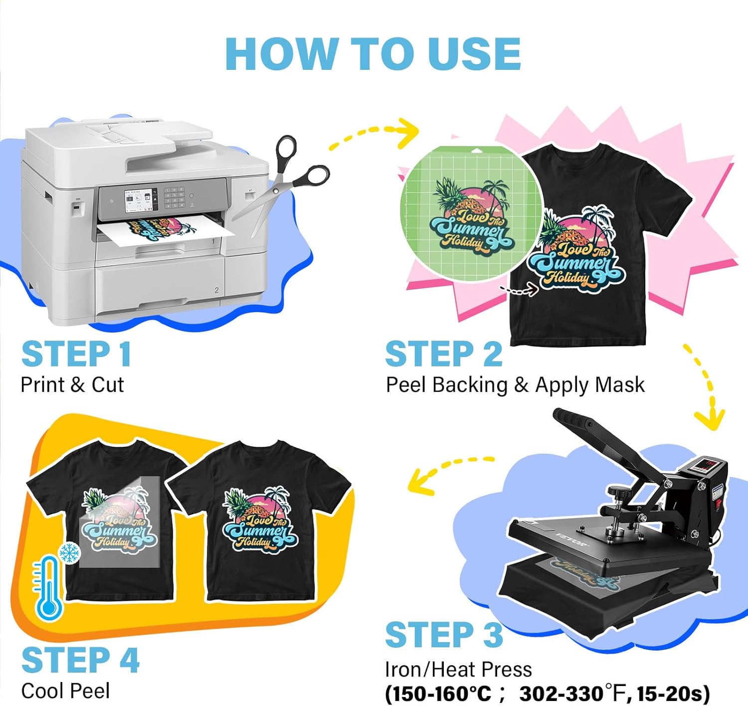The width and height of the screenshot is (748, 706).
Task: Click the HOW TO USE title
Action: [373, 54]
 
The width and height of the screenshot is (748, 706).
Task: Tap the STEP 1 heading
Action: [76, 354]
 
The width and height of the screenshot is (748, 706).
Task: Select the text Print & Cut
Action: [72, 385]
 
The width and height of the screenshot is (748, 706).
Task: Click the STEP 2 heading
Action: [444, 354]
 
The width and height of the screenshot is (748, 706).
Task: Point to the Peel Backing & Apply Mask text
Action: [515, 385]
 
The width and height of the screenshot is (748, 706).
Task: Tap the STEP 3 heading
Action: [444, 635]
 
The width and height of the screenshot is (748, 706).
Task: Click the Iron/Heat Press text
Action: [458, 669]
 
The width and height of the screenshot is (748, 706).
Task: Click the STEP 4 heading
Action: [80, 660]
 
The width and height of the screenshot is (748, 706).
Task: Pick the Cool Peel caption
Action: [65, 691]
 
